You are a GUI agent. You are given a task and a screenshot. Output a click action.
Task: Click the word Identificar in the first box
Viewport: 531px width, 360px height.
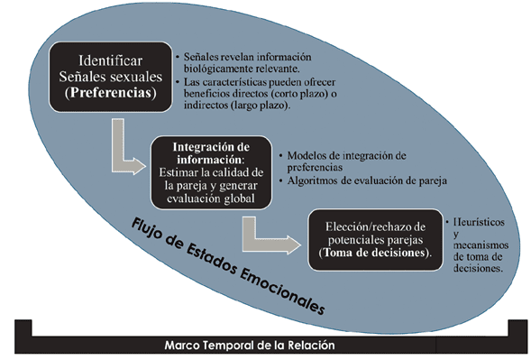110,60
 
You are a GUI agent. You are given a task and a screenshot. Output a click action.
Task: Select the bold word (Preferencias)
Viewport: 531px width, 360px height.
110,93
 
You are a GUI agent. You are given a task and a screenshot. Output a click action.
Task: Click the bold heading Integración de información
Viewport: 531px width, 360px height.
211,153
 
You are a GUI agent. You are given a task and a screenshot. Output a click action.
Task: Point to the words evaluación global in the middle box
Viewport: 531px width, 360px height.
211,198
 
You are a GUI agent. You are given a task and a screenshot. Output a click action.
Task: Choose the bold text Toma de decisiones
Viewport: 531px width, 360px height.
374,253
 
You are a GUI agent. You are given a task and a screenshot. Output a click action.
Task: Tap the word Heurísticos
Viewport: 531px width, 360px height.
479,222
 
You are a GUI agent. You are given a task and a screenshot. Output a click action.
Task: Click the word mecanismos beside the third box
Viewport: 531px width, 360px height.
481,245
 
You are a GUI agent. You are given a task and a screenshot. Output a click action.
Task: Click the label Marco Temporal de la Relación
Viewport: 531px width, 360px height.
250,346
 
